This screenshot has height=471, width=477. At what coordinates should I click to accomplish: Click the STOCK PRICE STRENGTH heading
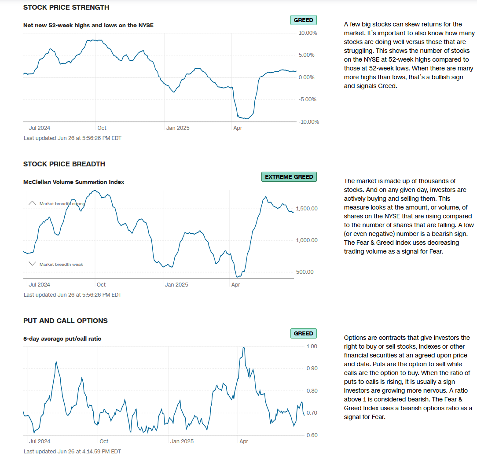[x=66, y=7]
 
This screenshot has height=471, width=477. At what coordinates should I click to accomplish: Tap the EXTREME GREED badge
[x=289, y=177]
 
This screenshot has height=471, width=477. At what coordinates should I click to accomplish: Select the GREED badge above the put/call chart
[x=303, y=334]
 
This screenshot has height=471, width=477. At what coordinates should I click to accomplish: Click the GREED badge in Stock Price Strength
[x=303, y=20]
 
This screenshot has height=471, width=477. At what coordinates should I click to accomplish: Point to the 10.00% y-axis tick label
[x=308, y=33]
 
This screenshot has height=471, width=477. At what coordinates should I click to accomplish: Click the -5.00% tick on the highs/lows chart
[x=308, y=99]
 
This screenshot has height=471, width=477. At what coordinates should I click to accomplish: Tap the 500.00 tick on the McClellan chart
[x=305, y=272]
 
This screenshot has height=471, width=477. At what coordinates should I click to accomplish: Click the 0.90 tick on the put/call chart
[x=312, y=368]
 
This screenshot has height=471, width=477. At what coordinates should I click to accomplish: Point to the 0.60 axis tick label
[x=312, y=435]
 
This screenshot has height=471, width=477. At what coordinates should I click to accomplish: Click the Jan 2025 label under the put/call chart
[x=182, y=442]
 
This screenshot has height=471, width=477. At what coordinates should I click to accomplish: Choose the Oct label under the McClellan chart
[x=101, y=285]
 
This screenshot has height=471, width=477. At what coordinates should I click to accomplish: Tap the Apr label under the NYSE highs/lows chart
[x=238, y=128]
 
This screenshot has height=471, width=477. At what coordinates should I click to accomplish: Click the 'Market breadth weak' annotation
[x=61, y=265]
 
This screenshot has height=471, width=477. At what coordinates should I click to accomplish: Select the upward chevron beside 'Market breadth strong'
[x=32, y=203]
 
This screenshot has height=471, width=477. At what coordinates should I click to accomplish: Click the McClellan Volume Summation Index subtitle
[x=73, y=182]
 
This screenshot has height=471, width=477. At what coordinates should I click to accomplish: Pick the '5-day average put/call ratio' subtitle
[x=62, y=339]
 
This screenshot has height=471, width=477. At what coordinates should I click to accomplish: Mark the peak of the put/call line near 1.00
[x=244, y=347]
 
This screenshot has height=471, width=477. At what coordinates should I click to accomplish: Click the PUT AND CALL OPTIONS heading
[x=65, y=321]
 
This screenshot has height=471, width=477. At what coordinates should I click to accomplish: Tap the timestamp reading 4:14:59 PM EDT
[x=72, y=452]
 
